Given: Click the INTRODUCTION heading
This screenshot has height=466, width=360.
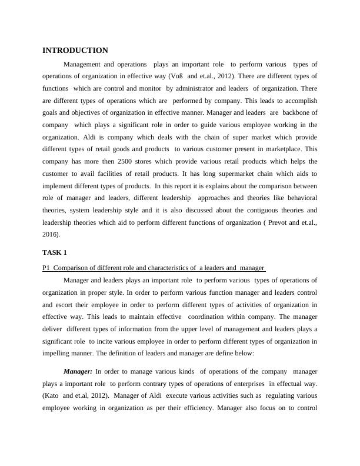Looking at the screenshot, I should point(75,51).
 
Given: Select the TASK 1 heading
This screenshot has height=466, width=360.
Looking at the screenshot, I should point(55,252).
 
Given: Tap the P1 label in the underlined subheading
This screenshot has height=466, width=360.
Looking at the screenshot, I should point(46,268).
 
